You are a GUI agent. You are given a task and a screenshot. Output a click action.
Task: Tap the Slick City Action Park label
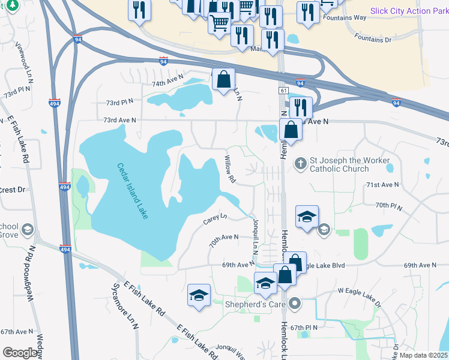[409, 11]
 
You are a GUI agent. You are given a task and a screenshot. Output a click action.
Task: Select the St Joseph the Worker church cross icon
[300, 164]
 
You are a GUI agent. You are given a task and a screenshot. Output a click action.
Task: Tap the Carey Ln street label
[215, 218]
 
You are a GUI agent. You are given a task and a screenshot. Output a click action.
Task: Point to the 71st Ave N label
[382, 185]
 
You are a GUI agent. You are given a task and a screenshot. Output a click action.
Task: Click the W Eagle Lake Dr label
[359, 297]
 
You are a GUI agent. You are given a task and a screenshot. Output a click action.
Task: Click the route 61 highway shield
[282, 89]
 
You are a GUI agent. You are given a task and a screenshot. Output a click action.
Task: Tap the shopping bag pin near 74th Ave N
[223, 80]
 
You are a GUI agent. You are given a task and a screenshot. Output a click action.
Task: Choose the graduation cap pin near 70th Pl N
[307, 218]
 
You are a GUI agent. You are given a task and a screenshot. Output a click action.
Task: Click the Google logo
[19, 353]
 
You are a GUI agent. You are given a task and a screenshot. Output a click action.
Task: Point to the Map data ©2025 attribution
[423, 355]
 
